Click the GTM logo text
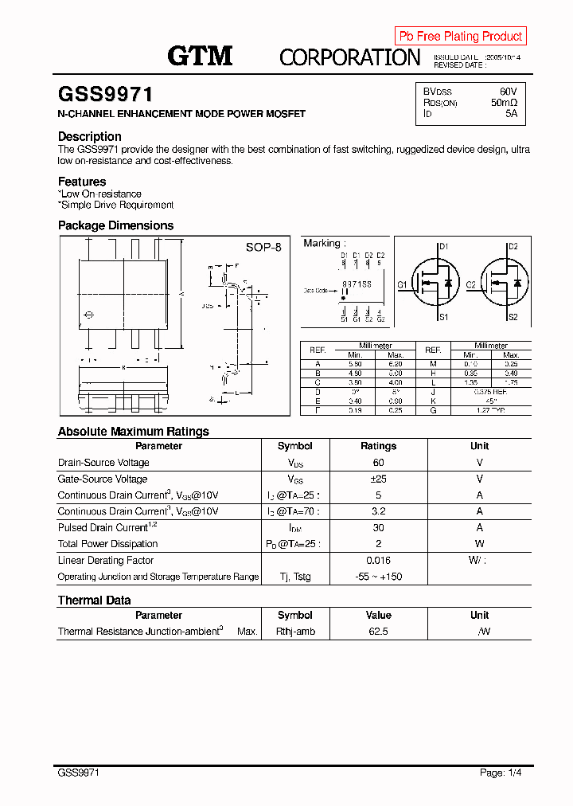coord(200,55)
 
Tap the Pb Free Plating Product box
coord(460,36)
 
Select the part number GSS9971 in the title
coord(105,95)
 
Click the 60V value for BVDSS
coord(508,92)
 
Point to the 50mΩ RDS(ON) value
coord(504,103)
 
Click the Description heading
coord(89,136)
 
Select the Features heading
coord(81,182)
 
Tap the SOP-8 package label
coord(263,248)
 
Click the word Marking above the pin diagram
coord(322,243)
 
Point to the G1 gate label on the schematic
coord(402,284)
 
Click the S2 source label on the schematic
coord(513,317)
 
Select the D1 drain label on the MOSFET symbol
coord(444,247)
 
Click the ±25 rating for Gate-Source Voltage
coord(378,479)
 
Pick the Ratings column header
coord(378,446)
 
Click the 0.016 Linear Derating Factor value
coord(378,560)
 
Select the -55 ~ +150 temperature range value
coord(378,577)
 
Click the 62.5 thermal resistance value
coord(378,631)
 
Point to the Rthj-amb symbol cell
coord(294,631)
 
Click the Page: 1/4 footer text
coord(501,773)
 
